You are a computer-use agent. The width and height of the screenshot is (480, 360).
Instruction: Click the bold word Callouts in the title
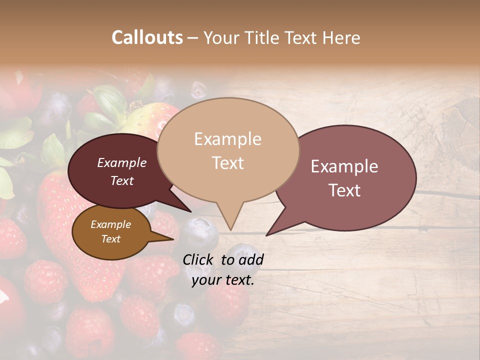(147, 37)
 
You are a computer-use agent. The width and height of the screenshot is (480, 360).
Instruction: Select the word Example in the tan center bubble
(227, 139)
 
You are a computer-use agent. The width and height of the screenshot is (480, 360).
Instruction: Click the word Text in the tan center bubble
(227, 162)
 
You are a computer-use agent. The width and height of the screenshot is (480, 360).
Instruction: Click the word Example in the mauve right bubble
(344, 166)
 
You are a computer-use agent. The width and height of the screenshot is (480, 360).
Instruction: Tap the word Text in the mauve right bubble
(344, 190)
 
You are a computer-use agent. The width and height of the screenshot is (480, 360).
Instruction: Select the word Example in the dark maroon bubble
(122, 162)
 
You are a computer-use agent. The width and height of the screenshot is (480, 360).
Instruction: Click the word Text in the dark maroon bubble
(122, 180)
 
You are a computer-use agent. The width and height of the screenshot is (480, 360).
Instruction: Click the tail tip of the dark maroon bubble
(190, 211)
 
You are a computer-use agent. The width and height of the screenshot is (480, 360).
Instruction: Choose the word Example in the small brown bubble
(110, 224)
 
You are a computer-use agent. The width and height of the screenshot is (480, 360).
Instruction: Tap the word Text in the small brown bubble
(110, 239)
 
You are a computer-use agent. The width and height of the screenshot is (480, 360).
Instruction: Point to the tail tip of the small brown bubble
(173, 239)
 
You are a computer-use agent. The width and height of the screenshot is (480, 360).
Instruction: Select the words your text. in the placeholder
(222, 280)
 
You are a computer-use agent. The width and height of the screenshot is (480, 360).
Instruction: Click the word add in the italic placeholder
(251, 259)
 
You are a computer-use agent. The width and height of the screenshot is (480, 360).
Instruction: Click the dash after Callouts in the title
(193, 38)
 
